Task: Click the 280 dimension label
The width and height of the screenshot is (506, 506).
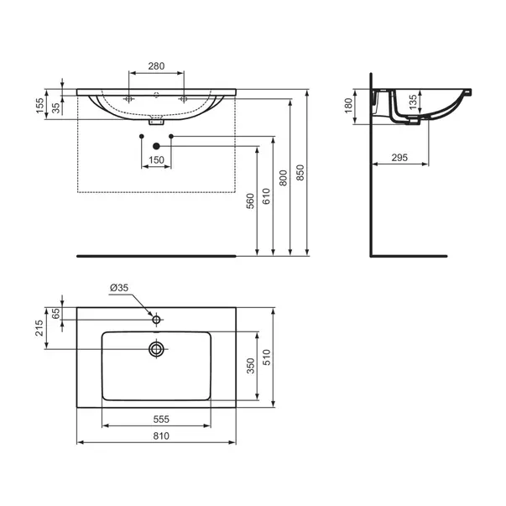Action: click(x=156, y=66)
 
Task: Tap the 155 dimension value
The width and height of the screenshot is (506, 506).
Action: click(x=39, y=106)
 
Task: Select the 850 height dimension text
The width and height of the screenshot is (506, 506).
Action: click(x=300, y=173)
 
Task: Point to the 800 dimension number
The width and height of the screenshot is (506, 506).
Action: click(x=283, y=178)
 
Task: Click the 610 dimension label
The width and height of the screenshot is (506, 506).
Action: click(x=266, y=196)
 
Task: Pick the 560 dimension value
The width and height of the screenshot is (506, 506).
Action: click(x=250, y=201)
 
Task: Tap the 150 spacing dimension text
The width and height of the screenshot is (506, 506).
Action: click(x=156, y=160)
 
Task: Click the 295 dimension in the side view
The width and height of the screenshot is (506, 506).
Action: click(x=399, y=158)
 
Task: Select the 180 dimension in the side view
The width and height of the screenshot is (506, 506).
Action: click(x=348, y=106)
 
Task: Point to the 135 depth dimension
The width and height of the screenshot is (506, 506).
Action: click(x=413, y=102)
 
